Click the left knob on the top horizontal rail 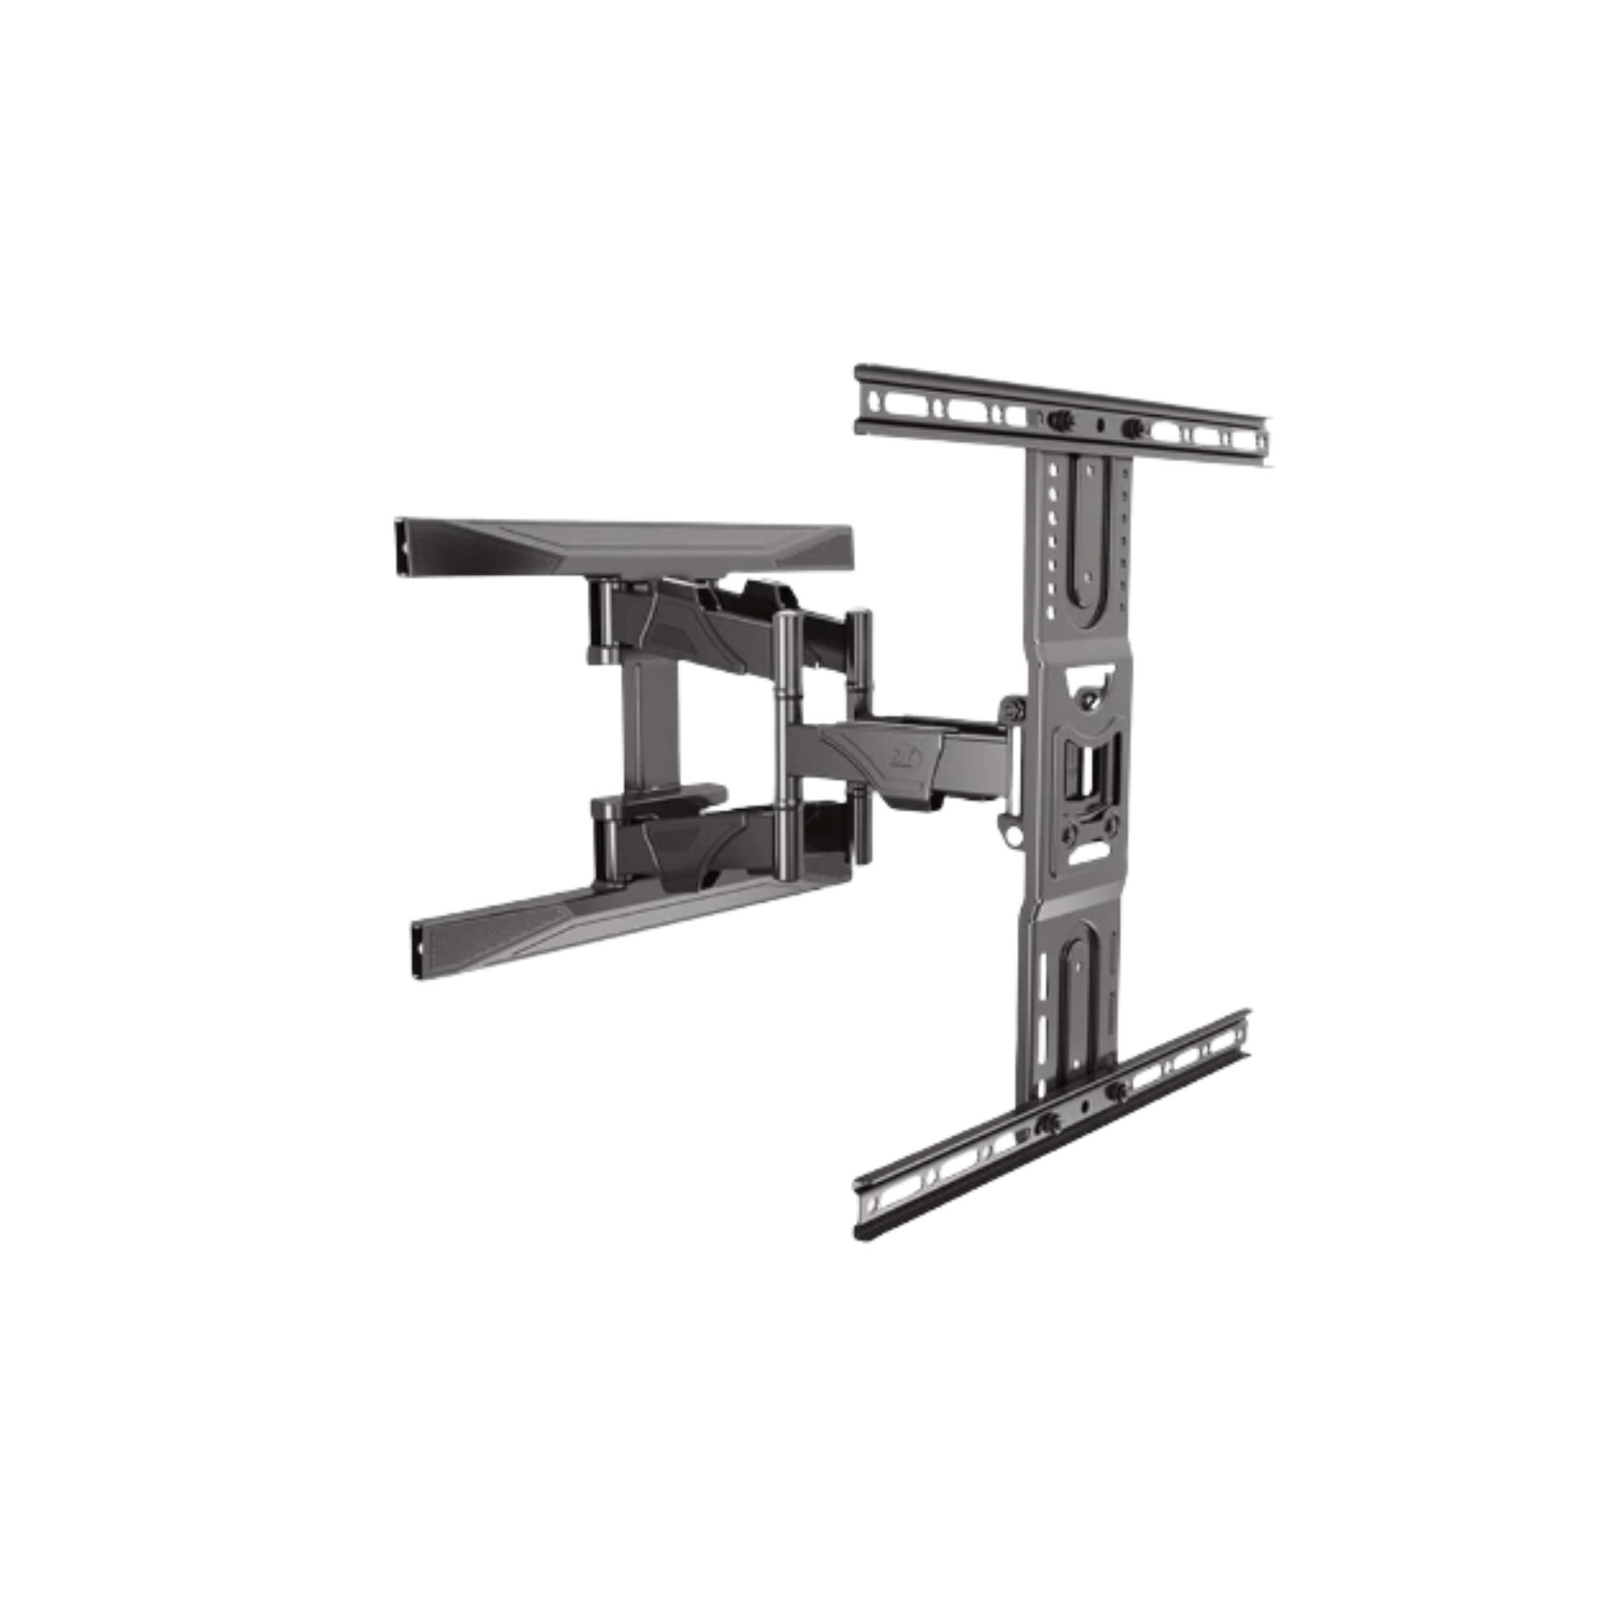(x=1056, y=419)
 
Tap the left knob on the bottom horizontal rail (x=1044, y=1126)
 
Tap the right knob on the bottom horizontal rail (x=1115, y=1091)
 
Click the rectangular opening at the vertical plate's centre (x=1085, y=767)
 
